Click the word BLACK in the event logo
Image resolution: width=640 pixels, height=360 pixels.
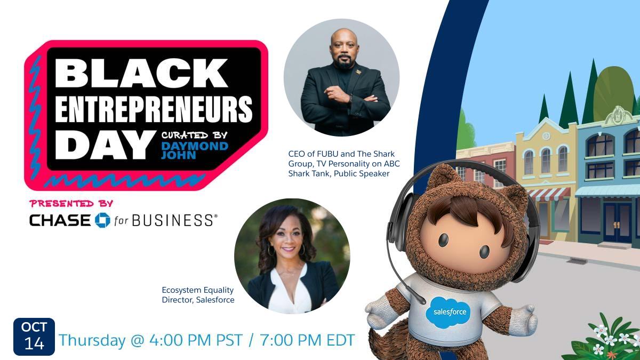[x=141, y=73]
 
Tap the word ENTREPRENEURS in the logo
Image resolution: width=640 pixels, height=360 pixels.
[x=154, y=109]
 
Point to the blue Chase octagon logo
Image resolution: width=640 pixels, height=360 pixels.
[x=102, y=220]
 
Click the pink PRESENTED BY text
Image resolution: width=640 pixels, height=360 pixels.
[x=71, y=203]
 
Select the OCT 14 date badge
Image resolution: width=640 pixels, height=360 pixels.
[x=34, y=337]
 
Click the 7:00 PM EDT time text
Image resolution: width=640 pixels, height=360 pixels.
[x=307, y=340]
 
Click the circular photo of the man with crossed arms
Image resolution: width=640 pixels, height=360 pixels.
[x=341, y=76]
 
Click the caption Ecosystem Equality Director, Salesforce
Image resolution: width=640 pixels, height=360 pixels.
[x=198, y=295]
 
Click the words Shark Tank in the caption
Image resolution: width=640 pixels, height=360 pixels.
[x=310, y=173]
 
